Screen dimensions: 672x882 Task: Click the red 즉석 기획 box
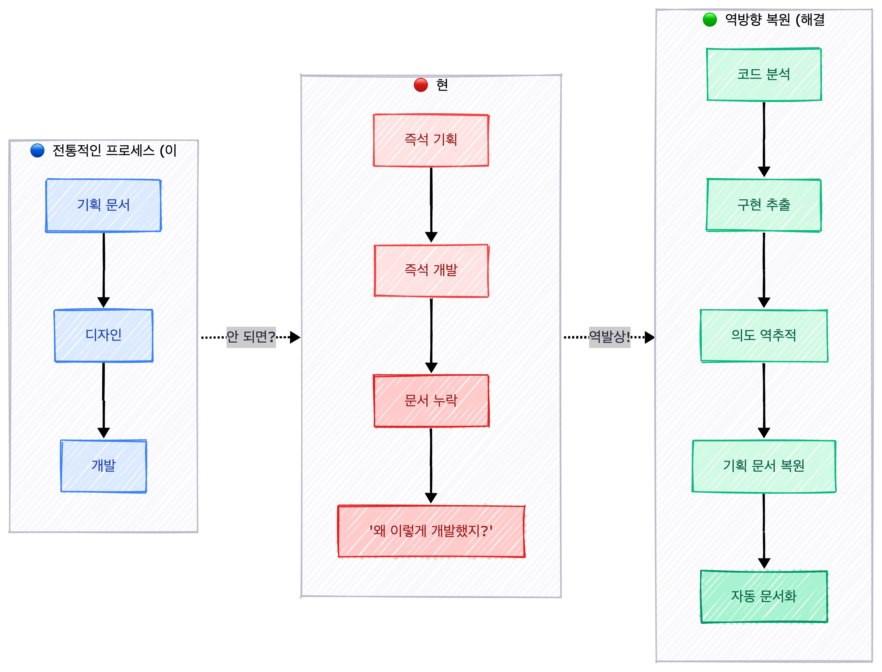point(431,140)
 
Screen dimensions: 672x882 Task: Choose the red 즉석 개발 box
point(431,270)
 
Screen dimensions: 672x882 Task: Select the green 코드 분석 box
point(764,74)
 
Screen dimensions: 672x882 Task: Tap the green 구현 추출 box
point(764,205)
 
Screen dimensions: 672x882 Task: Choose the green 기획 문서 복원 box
point(764,466)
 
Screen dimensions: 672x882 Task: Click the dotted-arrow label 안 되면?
point(251,337)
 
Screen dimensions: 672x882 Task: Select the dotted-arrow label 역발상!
point(609,337)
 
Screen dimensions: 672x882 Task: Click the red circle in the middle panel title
point(421,85)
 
